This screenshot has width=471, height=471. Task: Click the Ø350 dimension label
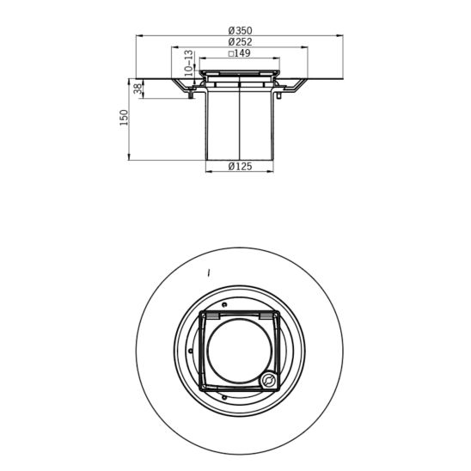pos(240,31)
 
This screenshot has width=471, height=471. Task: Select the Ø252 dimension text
pos(240,42)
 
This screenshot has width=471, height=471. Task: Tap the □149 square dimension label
pos(240,53)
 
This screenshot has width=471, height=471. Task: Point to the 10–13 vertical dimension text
pos(188,63)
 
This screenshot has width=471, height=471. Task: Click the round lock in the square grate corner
pos(267,379)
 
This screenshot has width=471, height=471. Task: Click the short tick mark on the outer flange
pos(209,273)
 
